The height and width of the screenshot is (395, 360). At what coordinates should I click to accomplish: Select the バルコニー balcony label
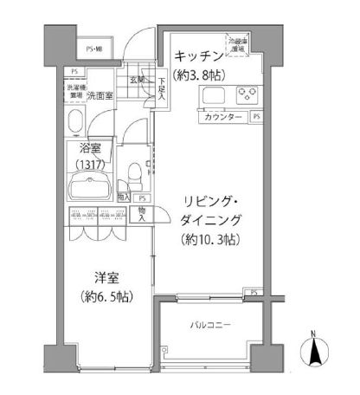210,326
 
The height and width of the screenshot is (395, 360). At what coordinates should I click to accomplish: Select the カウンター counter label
221,116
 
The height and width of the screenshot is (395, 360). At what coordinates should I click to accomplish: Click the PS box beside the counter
257,116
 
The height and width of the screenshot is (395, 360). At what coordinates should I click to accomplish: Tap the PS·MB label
94,50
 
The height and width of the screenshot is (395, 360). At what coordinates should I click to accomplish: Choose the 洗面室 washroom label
102,94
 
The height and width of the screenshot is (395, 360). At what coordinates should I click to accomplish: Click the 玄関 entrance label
138,81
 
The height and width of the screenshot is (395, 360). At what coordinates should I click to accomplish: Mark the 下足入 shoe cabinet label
162,88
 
